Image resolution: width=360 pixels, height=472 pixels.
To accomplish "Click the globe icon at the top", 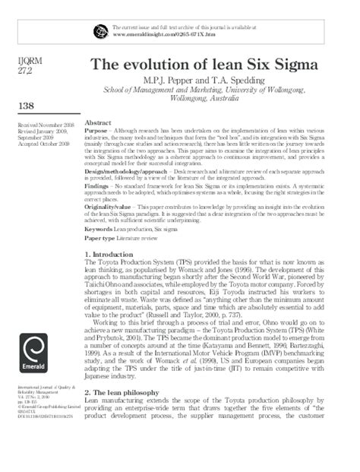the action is pyautogui.click(x=99, y=30).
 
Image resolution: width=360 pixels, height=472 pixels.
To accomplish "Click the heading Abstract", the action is pyautogui.click(x=98, y=123).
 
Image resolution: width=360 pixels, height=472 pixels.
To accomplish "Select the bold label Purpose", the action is pyautogui.click(x=96, y=131).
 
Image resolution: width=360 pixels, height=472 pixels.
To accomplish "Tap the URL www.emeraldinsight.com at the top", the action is pyautogui.click(x=152, y=35).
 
